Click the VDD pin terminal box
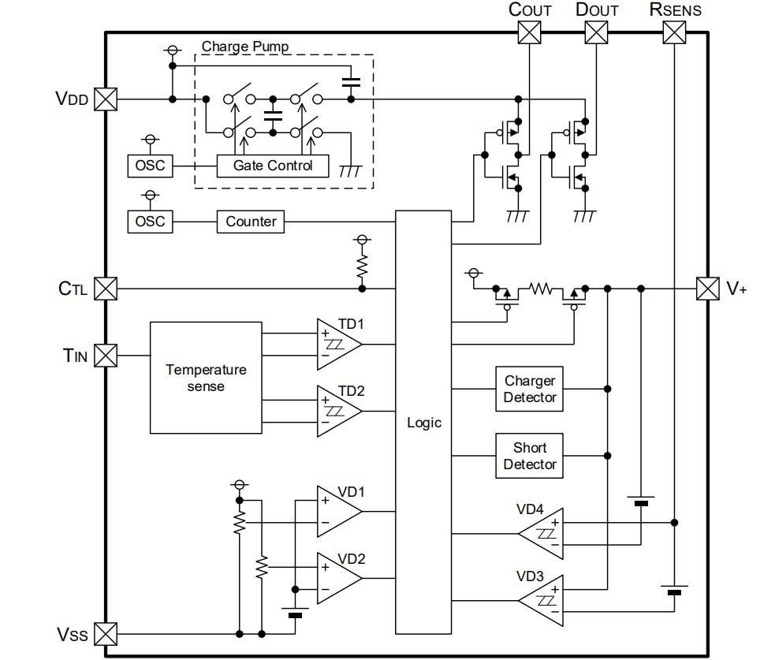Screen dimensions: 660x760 tap(106, 99)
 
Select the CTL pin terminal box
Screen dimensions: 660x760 tap(106, 289)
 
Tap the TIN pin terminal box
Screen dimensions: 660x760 tap(106, 356)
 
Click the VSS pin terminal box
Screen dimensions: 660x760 tap(106, 633)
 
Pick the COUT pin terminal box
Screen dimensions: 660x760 tap(529, 32)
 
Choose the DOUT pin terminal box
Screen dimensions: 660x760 tap(597, 32)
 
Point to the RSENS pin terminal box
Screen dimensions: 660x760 tap(673, 32)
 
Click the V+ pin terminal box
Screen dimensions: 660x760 tap(708, 289)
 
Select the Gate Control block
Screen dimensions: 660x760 tap(273, 166)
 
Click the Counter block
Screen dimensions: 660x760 tap(251, 222)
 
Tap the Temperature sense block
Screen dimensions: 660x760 tap(206, 378)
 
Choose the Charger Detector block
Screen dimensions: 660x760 tap(530, 389)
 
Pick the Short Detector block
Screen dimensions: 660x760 tap(530, 456)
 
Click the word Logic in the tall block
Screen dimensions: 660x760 tap(424, 423)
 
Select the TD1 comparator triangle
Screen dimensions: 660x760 tap(337, 344)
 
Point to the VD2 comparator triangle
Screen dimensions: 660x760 tap(337, 578)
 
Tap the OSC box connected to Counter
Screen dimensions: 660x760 tap(150, 222)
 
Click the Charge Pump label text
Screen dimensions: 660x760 tap(245, 47)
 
